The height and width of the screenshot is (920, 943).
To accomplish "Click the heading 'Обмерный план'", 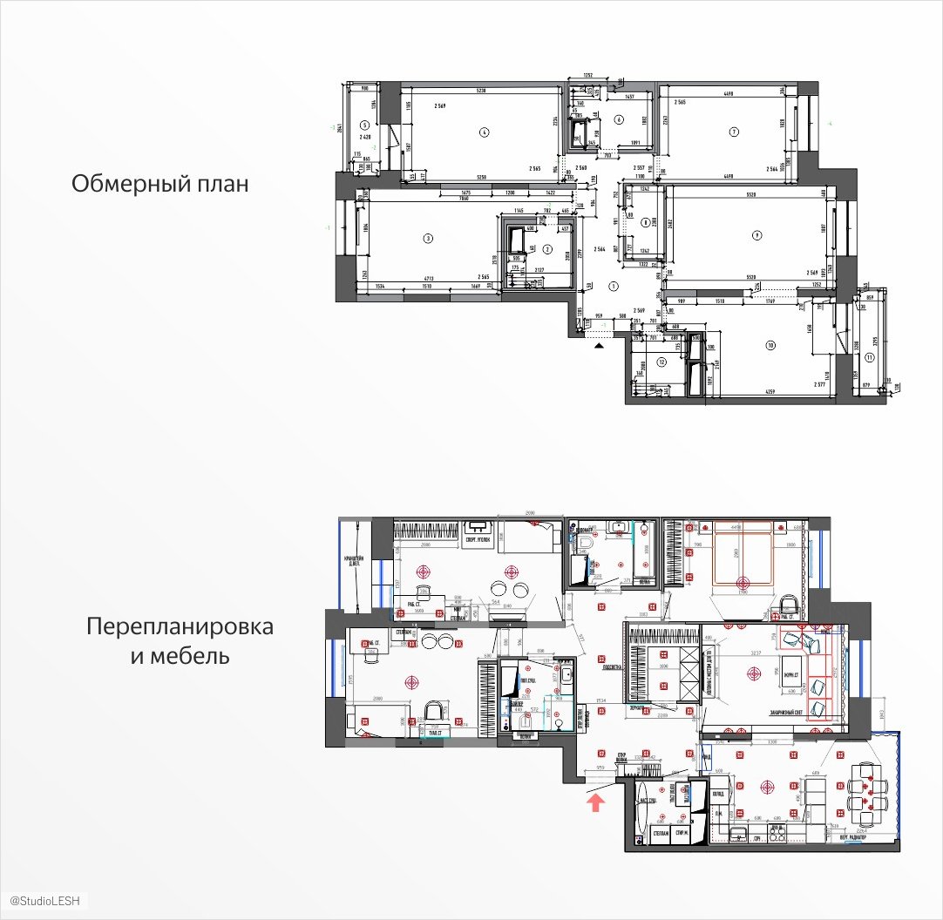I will (159, 185).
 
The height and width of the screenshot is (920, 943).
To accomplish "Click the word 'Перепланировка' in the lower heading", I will (180, 627).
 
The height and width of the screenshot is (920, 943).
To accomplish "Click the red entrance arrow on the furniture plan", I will (596, 801).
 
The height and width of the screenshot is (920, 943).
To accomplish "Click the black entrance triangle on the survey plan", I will (599, 346).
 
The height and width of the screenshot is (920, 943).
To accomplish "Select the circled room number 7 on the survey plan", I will (735, 132).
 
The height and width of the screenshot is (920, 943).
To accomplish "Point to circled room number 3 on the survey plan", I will (428, 237).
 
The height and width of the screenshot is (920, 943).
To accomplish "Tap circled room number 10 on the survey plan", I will (770, 346).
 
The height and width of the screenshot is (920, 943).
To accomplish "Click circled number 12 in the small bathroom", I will (661, 362).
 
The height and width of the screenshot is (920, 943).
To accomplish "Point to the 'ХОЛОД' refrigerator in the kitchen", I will (717, 795).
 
